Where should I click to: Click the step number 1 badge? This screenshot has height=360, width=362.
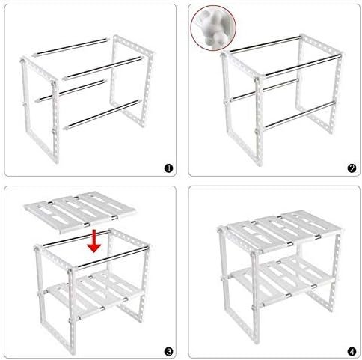(168, 168)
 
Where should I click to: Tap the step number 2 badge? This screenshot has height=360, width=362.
(352, 168)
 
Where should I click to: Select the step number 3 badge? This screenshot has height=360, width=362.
(168, 352)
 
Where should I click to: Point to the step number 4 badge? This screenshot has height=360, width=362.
(352, 352)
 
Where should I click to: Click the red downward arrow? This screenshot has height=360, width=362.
(94, 241)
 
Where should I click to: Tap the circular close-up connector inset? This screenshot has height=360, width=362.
(213, 28)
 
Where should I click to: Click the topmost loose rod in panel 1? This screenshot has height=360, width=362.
(71, 47)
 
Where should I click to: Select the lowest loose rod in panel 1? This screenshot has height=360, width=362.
(102, 115)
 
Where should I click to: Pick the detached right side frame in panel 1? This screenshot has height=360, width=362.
(131, 80)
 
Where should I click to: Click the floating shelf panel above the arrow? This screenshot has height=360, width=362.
(80, 212)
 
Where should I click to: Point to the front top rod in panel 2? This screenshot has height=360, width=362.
(302, 65)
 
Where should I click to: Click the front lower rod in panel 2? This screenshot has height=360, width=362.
(299, 115)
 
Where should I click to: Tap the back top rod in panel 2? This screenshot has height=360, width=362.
(266, 44)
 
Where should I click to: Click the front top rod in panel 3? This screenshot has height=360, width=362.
(113, 257)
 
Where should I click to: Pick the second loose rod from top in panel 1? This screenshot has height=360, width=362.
(103, 67)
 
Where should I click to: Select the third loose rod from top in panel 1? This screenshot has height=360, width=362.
(71, 91)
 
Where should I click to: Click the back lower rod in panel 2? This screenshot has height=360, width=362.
(264, 90)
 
